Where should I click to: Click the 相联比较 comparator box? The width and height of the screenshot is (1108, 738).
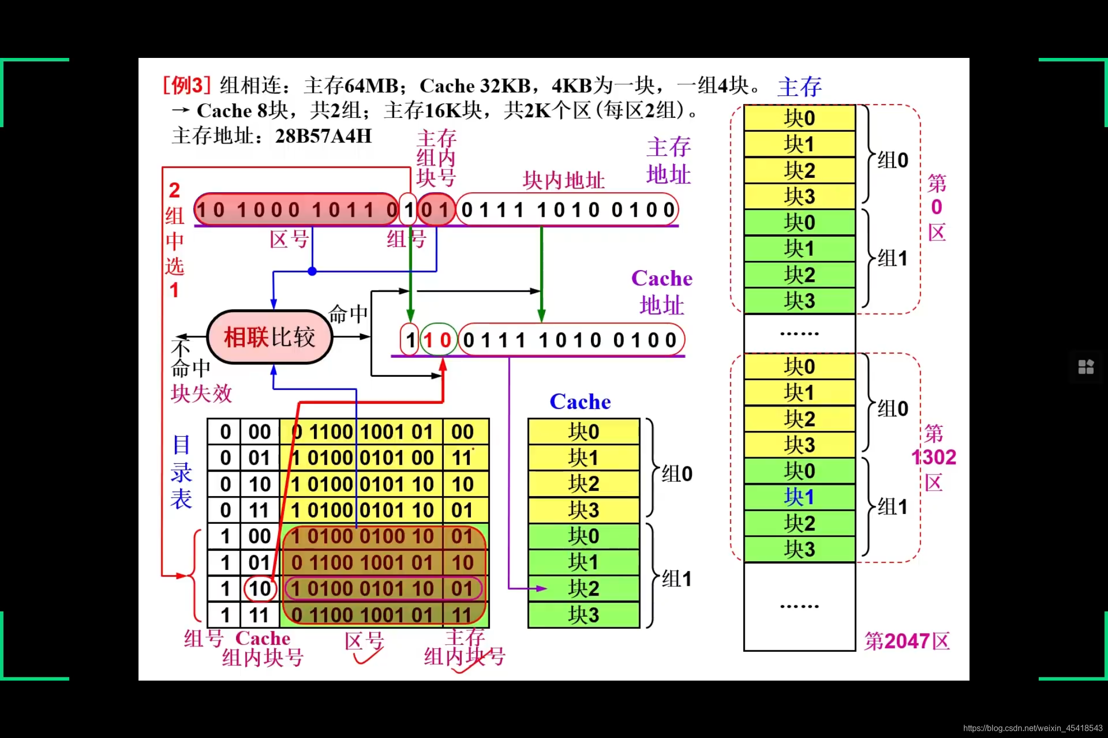(270, 337)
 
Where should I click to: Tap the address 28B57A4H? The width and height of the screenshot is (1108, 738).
(323, 136)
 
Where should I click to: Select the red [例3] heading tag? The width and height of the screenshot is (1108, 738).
(187, 85)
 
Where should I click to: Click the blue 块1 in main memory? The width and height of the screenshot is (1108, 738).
(799, 497)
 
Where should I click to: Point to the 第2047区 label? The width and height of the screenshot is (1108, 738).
(906, 641)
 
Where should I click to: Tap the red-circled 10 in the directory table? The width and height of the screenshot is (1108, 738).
(260, 588)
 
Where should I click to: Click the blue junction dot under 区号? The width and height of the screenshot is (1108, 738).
(312, 271)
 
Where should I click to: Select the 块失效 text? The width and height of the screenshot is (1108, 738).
(201, 394)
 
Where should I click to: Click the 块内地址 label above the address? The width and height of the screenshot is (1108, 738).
(563, 180)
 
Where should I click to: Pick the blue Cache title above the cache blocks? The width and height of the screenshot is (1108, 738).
(580, 402)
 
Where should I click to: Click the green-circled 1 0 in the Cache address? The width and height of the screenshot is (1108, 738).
(438, 340)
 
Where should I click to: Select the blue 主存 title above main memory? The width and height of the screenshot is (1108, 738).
(799, 87)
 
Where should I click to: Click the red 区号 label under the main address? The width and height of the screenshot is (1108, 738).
(289, 239)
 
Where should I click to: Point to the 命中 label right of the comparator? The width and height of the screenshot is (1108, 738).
(348, 314)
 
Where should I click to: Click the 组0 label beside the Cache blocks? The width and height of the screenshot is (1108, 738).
(677, 474)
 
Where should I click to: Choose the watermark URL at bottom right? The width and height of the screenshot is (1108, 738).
(1032, 728)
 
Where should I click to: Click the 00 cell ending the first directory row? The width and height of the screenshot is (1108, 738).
(462, 432)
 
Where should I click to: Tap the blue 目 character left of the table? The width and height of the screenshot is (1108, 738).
(182, 445)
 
